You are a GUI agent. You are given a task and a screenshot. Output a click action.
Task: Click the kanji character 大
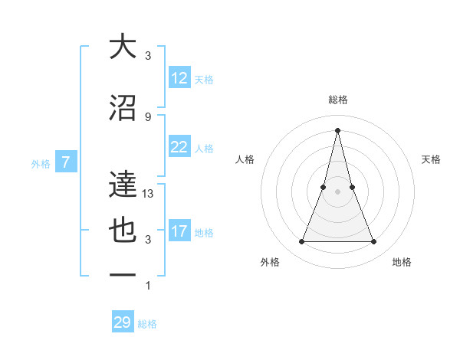click(123, 47)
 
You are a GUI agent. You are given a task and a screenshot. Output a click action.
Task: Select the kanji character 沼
click(123, 108)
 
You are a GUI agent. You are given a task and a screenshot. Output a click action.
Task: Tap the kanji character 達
click(123, 185)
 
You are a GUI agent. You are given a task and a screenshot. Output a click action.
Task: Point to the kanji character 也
click(123, 231)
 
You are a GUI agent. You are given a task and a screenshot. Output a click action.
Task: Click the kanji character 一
click(123, 275)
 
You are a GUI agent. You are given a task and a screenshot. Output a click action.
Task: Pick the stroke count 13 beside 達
click(149, 194)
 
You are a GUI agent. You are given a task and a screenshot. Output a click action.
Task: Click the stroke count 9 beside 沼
click(148, 116)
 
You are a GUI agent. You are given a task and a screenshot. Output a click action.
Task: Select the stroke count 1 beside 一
click(148, 286)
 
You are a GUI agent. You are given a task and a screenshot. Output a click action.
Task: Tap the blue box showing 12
click(179, 78)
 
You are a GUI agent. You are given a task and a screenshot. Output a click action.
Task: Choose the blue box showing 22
click(179, 147)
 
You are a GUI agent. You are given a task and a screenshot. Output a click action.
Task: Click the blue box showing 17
click(179, 231)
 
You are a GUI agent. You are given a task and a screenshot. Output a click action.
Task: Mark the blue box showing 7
click(67, 162)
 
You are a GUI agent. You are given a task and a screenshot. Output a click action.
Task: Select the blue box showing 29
click(122, 322)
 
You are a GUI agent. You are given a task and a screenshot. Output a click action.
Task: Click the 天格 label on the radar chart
click(432, 159)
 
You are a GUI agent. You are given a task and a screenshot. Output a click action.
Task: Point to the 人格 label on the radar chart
click(245, 159)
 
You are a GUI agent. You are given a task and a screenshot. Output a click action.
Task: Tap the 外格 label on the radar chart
click(270, 262)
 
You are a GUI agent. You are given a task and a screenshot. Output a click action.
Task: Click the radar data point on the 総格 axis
click(337, 129)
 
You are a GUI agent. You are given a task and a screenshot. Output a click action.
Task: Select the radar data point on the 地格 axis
click(374, 242)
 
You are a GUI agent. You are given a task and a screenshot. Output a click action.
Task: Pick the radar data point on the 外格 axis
click(301, 242)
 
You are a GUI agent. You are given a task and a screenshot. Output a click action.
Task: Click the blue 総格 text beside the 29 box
click(147, 324)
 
